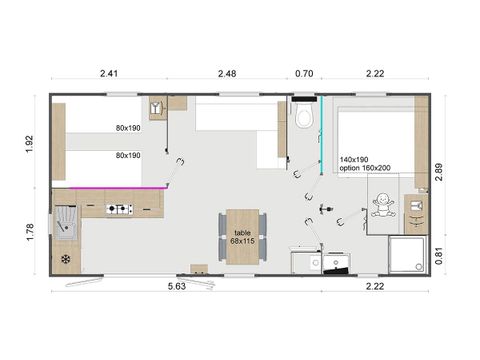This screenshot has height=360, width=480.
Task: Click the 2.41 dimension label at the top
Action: click(110, 73)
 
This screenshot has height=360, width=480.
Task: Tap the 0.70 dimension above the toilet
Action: click(305, 73)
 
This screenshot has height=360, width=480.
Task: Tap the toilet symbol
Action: click(306, 117)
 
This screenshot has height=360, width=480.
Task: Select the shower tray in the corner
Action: click(404, 254)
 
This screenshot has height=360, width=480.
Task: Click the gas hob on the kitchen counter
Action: click(120, 209)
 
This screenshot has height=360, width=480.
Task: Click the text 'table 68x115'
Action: click(242, 236)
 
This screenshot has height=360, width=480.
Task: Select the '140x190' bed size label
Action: click(354, 160)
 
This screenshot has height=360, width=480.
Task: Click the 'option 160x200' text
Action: click(366, 169)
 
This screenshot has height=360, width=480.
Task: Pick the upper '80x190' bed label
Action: click(128, 128)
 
